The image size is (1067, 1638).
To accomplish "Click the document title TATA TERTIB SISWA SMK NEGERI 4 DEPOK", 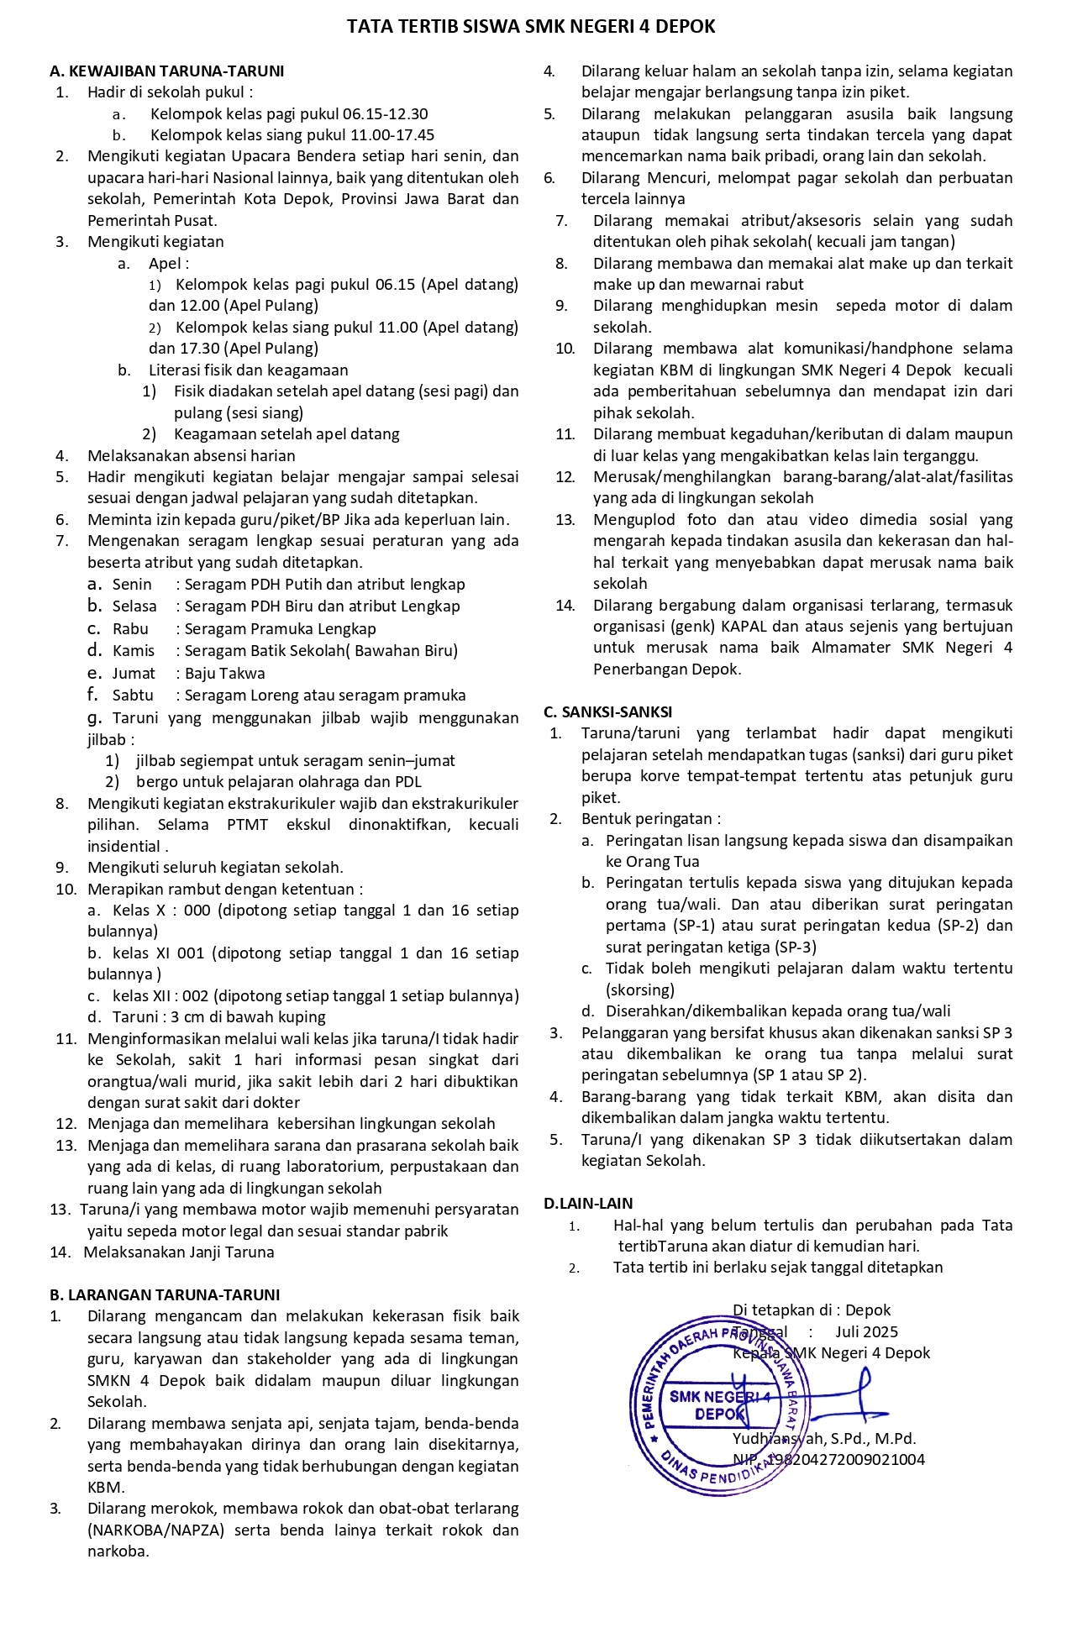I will coord(531,27).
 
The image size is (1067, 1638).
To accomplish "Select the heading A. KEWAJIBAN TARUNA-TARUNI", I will coord(167,71).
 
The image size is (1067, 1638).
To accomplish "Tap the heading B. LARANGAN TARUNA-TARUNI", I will coord(165,1294).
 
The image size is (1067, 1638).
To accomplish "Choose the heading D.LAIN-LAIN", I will coord(588,1204).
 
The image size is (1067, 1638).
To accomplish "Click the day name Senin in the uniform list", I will coord(132,585).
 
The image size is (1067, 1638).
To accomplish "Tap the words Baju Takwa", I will coord(225,674).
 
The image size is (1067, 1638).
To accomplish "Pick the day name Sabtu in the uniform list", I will coord(133,696).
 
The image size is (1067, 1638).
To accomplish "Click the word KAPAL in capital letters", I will coord(746,627).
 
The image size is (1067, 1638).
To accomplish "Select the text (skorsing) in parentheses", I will coord(640,990).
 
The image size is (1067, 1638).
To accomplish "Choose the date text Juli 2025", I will coord(866,1332).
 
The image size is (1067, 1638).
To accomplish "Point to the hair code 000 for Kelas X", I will coord(197,911).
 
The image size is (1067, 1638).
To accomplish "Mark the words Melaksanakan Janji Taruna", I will coord(179,1252).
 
